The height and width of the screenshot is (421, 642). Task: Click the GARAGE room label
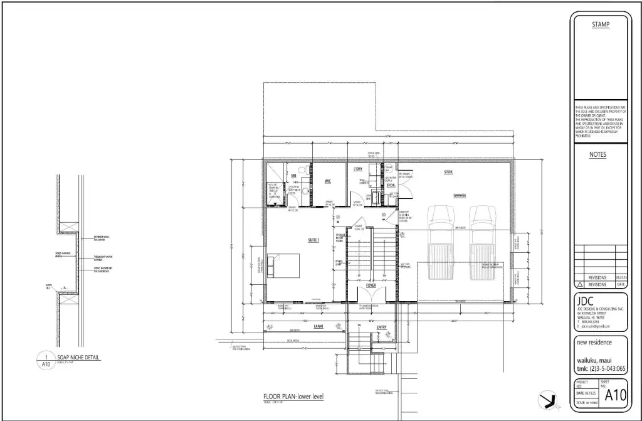[x=460, y=196]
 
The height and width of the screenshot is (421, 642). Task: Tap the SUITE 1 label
[x=313, y=240]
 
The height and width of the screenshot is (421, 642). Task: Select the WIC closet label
[x=327, y=181]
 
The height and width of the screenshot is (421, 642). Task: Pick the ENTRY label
[x=382, y=327]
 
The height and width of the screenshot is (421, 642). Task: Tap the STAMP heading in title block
[x=601, y=24]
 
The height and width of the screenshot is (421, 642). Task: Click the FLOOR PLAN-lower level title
[x=293, y=397]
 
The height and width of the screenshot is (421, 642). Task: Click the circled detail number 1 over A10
[x=46, y=358]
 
